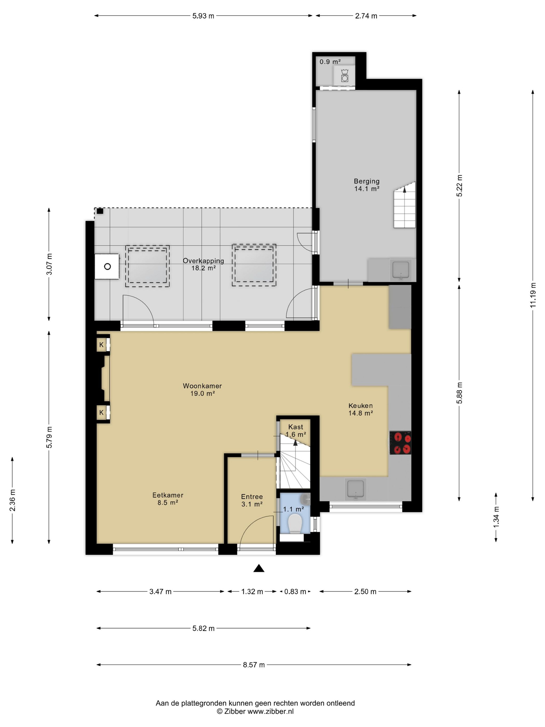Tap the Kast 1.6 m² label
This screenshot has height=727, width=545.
point(296,430)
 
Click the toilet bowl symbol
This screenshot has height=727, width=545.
point(294,523)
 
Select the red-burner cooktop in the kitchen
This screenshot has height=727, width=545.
point(400,442)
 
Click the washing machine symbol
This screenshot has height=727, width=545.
point(344,76)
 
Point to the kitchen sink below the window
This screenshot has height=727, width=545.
point(356,489)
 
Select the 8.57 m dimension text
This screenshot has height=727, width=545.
point(254,665)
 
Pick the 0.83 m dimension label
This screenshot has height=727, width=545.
point(295,591)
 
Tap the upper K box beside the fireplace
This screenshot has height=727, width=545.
point(101,345)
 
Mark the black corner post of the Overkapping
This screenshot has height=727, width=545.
point(100,211)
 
